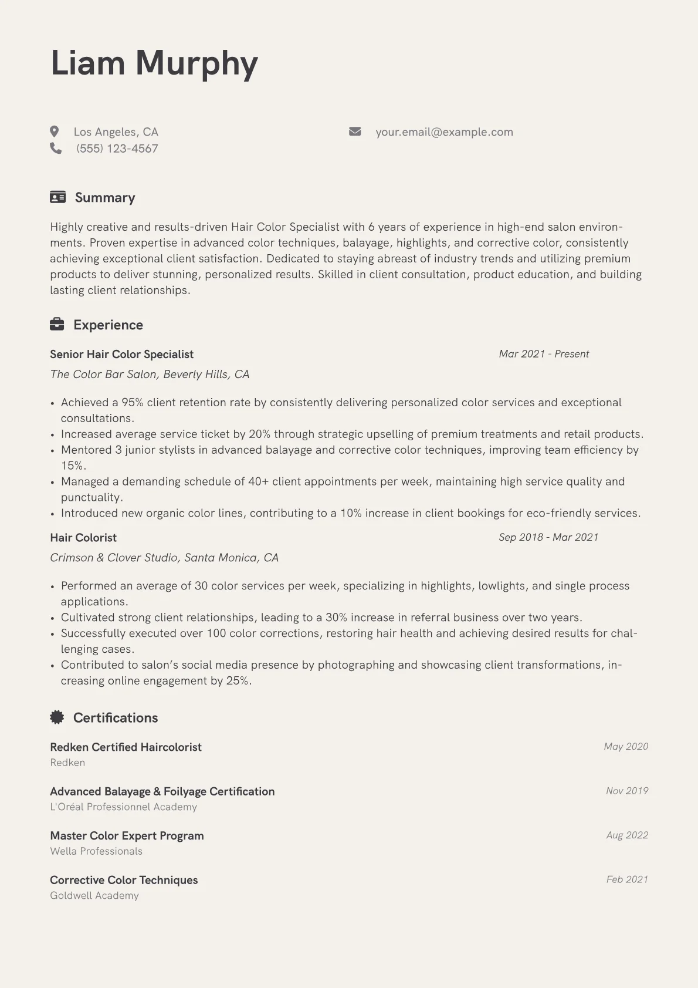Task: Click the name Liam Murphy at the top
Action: point(154,63)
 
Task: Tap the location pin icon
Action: point(55,131)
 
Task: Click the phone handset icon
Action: point(56,148)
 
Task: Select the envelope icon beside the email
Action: point(355,131)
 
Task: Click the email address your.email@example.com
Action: point(444,132)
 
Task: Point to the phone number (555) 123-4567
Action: point(117,149)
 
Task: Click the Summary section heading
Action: point(104,198)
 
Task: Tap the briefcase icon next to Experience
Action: point(57,324)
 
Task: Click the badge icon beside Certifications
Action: point(57,717)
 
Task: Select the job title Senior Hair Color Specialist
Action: point(121,354)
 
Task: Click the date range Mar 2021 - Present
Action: point(544,354)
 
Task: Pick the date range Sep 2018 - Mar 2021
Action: point(548,537)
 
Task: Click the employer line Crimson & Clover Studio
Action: point(164,558)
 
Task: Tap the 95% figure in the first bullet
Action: point(133,403)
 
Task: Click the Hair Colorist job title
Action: point(83,538)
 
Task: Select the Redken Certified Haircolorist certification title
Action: point(126,747)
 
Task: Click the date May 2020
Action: point(626,747)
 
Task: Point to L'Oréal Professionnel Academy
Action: point(123,807)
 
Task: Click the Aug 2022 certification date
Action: point(627,835)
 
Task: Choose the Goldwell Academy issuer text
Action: point(94,895)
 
